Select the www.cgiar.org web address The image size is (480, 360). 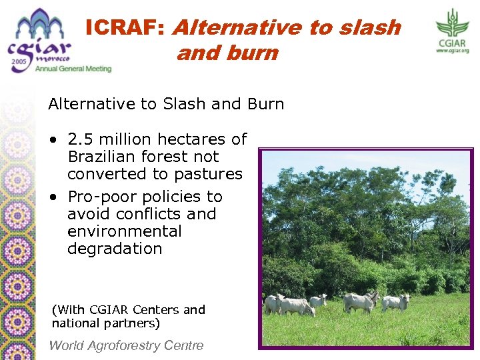tap(453, 51)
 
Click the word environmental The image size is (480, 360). tap(124, 231)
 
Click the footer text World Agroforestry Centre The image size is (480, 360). tap(126, 345)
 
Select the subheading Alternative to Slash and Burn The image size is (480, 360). tap(166, 104)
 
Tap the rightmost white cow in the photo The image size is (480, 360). tap(395, 302)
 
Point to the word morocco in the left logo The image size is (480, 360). tap(54, 58)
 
